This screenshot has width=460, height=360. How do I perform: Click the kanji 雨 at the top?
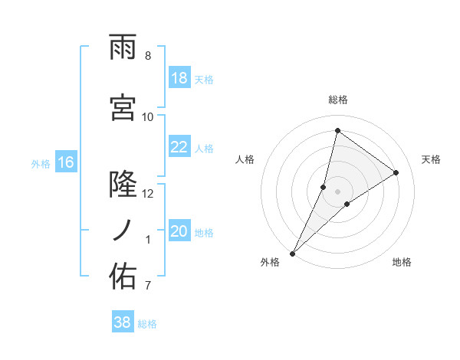point(123,47)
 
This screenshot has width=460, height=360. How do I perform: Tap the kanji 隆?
point(123,184)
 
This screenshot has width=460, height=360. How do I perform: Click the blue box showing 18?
point(179,79)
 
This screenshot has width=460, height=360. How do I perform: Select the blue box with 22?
point(179,148)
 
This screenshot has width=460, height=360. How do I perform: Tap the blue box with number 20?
point(179,232)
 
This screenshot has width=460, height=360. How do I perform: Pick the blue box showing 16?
point(65,162)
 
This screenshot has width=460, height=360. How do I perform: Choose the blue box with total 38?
point(122,322)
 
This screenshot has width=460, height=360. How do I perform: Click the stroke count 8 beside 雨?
point(147,56)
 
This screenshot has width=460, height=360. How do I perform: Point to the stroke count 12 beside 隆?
point(147,193)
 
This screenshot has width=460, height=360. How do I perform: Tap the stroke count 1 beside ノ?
point(148,240)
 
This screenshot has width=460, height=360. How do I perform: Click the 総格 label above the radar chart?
point(337,100)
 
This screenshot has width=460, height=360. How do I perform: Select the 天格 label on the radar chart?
point(431,159)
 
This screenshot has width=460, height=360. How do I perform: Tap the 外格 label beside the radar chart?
point(270,262)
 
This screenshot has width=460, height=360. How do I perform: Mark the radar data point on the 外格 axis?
point(293,253)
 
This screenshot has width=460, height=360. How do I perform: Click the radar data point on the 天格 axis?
point(396,172)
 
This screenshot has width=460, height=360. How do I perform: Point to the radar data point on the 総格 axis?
point(337,130)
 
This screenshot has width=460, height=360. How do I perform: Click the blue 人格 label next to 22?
point(204,149)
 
